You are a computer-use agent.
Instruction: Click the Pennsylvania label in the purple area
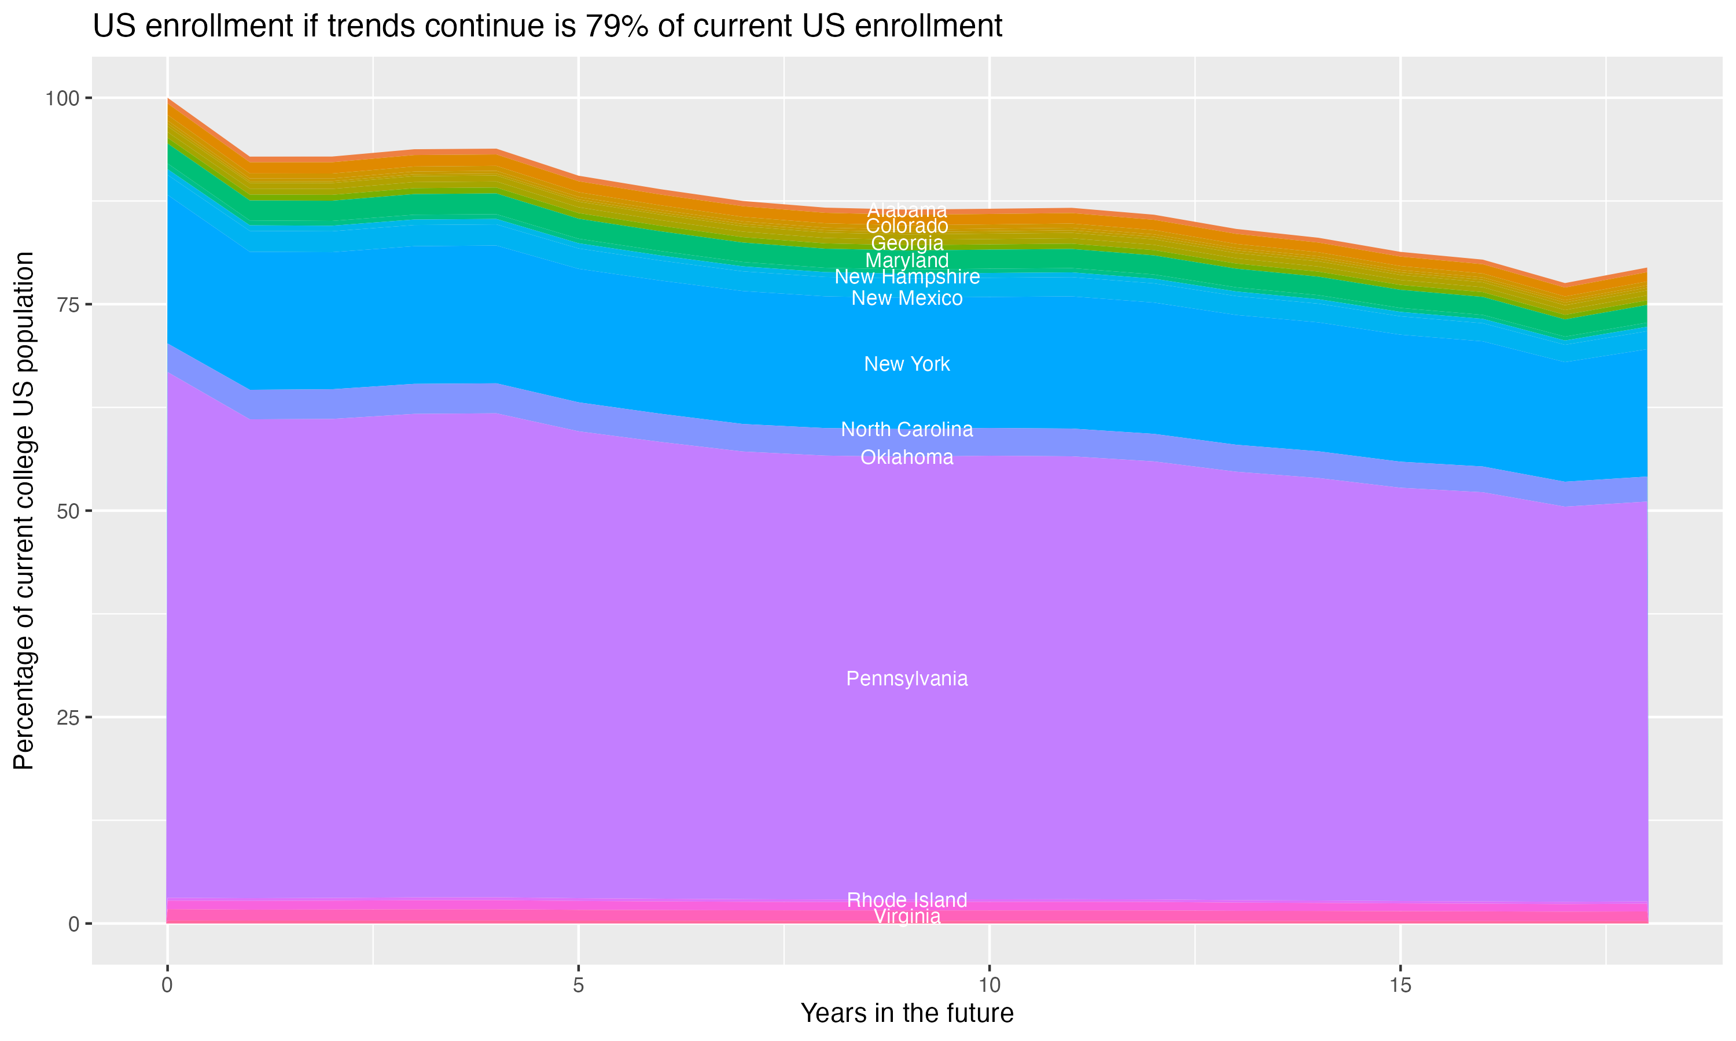coord(907,679)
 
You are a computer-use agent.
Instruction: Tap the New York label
coord(907,364)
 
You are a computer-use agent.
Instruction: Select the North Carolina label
coord(907,429)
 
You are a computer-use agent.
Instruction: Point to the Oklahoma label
coord(907,457)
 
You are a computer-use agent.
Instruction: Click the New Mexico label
coord(907,298)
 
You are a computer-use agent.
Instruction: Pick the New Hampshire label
coord(907,277)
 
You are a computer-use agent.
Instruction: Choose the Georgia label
coord(907,243)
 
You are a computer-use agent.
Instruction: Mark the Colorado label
coord(907,226)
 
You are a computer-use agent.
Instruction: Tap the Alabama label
coord(907,210)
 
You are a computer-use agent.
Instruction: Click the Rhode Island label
coord(907,900)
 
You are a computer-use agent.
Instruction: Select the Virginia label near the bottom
coord(907,917)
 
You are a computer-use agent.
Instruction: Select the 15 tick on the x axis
coord(1400,985)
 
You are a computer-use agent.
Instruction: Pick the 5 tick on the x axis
coord(578,985)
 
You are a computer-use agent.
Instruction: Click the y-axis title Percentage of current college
coord(24,510)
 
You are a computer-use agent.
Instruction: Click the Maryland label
coord(907,260)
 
